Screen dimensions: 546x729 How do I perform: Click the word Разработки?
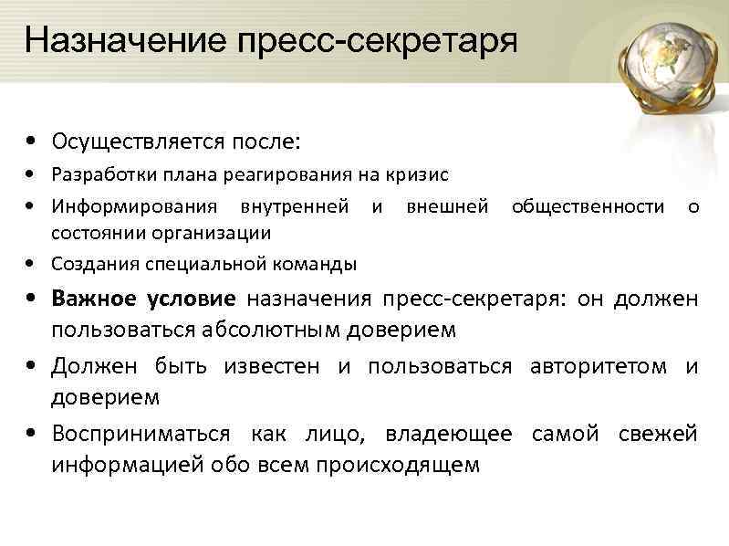pyautogui.click(x=96, y=173)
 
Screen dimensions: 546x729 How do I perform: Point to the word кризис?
pyautogui.click(x=419, y=173)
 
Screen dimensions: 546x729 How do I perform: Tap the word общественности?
pyautogui.click(x=588, y=206)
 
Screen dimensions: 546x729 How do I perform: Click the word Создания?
pyautogui.click(x=89, y=264)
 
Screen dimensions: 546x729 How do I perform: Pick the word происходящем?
pyautogui.click(x=397, y=465)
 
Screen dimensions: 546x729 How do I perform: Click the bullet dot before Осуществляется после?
pyautogui.click(x=32, y=142)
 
